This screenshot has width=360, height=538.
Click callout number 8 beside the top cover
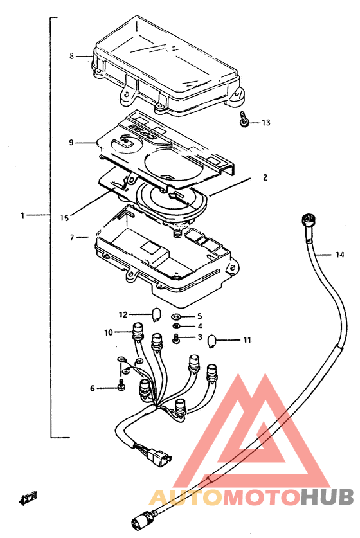coord(71,55)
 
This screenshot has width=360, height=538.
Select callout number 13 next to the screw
coord(266,123)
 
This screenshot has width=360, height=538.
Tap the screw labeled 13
coord(243,120)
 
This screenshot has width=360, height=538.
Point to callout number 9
coord(71,142)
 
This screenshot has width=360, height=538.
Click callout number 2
coord(265,177)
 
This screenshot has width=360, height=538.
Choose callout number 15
coord(64,217)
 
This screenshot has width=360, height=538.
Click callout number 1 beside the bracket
coord(22,215)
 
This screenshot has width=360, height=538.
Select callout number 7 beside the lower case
coord(72,237)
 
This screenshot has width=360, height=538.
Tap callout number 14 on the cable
coord(340,255)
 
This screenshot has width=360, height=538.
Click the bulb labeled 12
coord(156,314)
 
